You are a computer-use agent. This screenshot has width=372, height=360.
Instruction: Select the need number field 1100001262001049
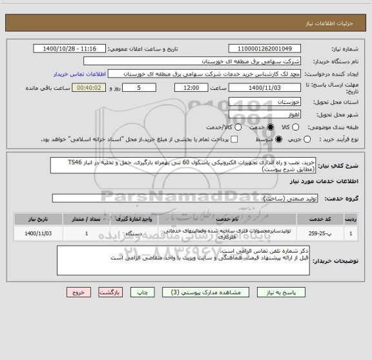click(265, 48)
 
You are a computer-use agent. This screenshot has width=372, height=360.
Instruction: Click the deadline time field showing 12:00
click(191, 87)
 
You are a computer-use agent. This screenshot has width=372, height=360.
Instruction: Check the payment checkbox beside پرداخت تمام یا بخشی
click(234, 139)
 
